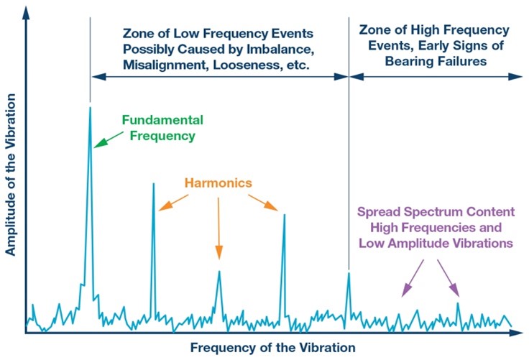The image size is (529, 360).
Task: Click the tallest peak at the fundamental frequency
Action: (90, 109)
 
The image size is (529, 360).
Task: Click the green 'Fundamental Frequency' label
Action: (162, 127)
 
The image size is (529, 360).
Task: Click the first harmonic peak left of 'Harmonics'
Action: (153, 185)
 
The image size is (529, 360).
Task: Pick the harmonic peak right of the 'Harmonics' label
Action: (284, 216)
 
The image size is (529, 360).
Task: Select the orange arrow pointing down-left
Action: (170, 203)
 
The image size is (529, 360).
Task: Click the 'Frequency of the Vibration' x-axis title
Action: (272, 348)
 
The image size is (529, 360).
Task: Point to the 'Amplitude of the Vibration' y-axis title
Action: (10, 176)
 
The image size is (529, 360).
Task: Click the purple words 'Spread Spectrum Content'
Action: (436, 212)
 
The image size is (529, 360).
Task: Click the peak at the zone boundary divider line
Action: (349, 274)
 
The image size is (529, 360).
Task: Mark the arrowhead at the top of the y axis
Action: (27, 9)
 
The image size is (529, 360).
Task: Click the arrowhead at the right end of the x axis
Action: (519, 333)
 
